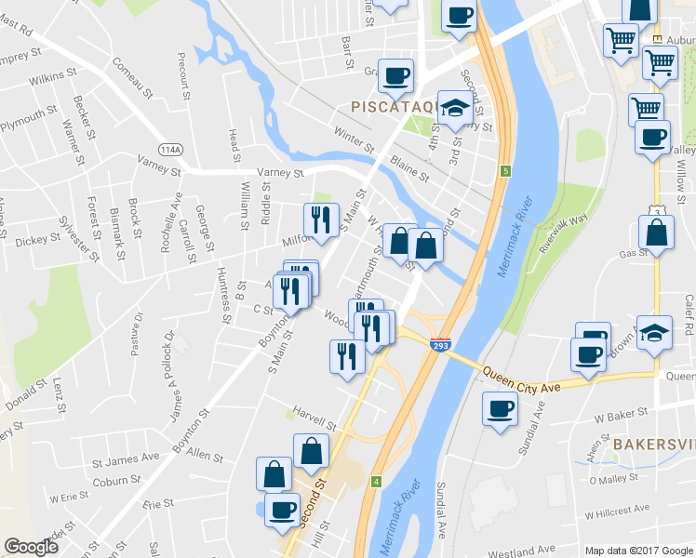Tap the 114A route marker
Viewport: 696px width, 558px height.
point(169,149)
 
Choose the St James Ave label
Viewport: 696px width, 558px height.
point(126,458)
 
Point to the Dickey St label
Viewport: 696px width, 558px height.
point(38,241)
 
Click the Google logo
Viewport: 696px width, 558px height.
point(31,547)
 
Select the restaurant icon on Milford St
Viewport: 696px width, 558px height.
point(319,220)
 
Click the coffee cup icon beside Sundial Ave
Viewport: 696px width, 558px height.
point(501,408)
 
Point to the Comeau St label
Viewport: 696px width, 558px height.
point(132,77)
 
